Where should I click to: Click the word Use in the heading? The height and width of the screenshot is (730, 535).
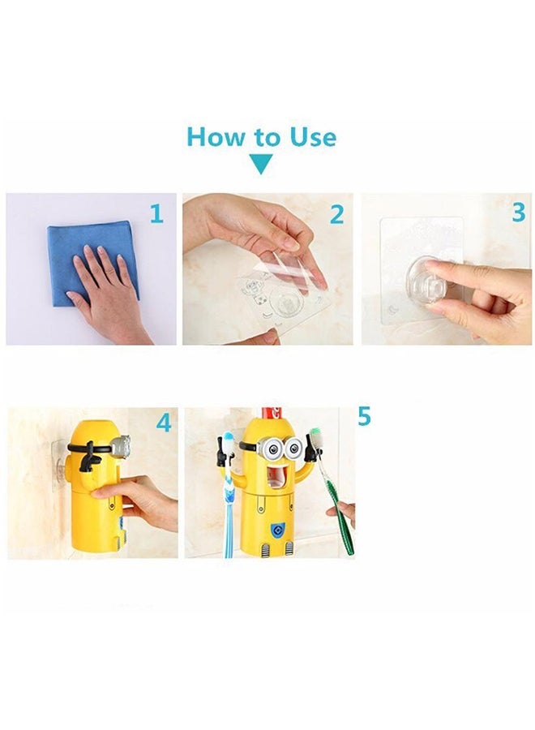(x=313, y=137)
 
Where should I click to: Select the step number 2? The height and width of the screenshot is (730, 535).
(x=336, y=215)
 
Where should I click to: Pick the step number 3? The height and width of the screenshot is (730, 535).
(x=518, y=213)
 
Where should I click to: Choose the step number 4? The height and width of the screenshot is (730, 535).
(x=164, y=423)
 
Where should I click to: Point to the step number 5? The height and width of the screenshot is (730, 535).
(x=364, y=416)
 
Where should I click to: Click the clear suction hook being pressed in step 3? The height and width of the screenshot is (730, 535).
(x=430, y=281)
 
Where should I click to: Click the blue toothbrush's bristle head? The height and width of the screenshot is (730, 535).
(x=228, y=441)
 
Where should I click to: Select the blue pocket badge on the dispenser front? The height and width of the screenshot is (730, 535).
(x=276, y=530)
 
